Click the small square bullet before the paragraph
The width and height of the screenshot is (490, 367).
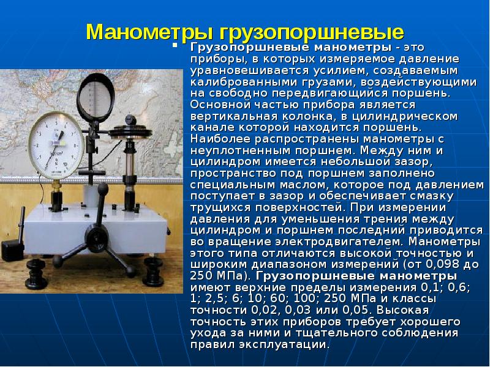click(x=175, y=46)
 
